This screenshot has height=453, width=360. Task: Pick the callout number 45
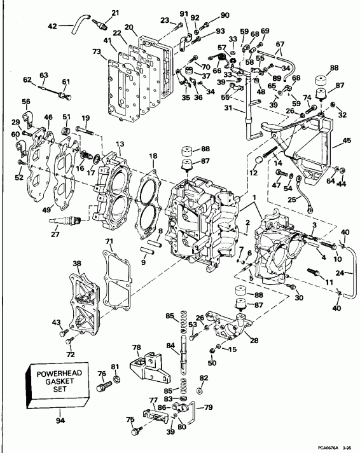pyautogui.click(x=347, y=140)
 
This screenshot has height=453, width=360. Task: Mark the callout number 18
pyautogui.click(x=153, y=156)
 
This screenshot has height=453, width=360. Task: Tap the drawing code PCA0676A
pyautogui.click(x=326, y=447)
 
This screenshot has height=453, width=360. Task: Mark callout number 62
pyautogui.click(x=27, y=80)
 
